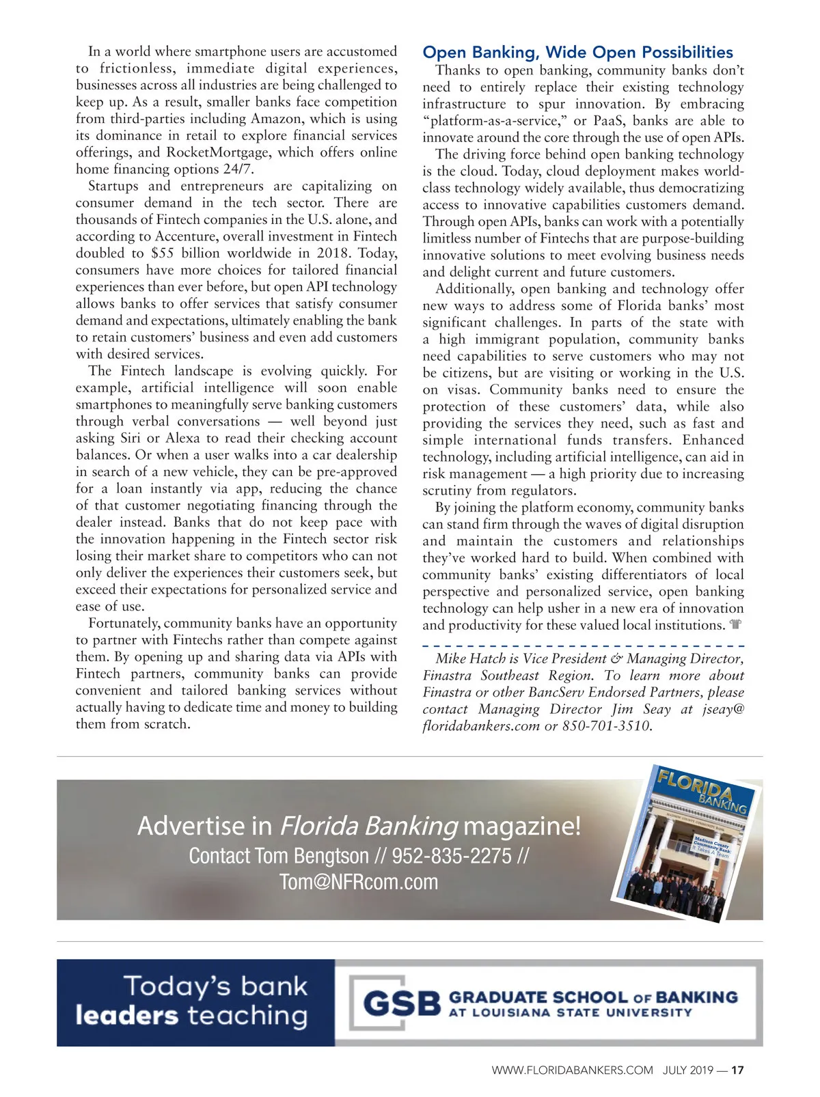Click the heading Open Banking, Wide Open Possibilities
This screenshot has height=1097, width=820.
[577, 53]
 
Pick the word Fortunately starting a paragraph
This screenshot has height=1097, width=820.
[124, 624]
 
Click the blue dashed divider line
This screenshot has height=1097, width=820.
[583, 645]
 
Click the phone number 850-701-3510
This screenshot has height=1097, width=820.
[606, 726]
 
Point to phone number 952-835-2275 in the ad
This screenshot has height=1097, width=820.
[452, 856]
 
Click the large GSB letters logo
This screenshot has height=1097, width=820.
[402, 1003]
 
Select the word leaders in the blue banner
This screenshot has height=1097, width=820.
[127, 1016]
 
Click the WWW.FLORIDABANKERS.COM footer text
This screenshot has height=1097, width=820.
[572, 1070]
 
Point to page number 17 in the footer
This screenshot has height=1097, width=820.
[737, 1070]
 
